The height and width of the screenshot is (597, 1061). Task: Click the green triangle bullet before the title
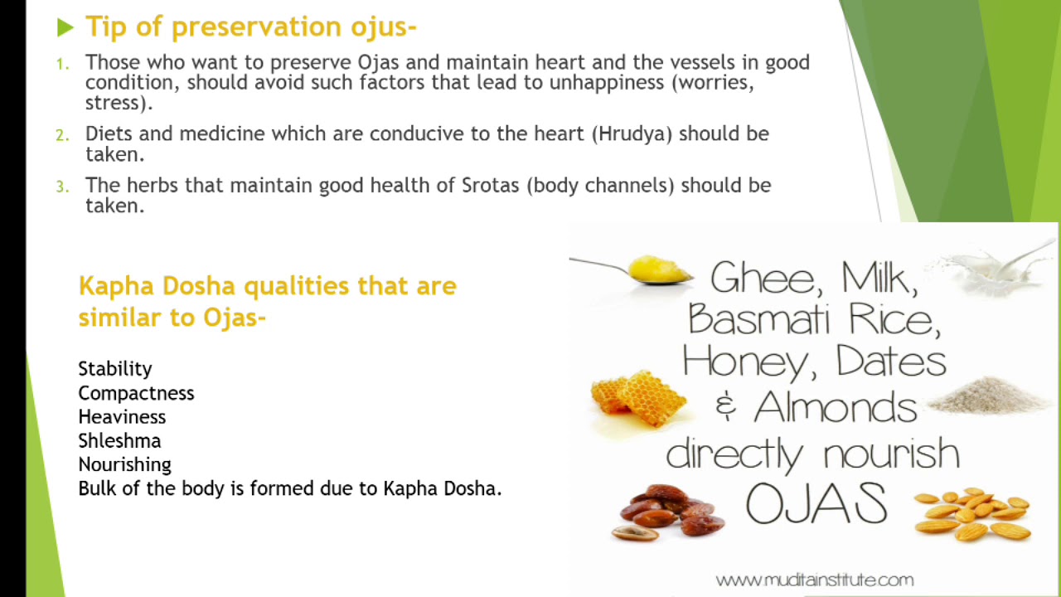click(65, 28)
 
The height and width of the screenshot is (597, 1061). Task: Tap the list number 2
click(62, 134)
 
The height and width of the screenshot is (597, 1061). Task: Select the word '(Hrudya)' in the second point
click(632, 133)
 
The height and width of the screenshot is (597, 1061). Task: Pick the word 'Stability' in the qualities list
click(115, 368)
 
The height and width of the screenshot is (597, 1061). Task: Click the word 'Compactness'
click(136, 392)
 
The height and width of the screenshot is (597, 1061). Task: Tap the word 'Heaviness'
click(122, 416)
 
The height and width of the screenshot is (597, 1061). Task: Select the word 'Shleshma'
click(119, 440)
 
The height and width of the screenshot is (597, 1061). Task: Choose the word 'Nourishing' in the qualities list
click(124, 464)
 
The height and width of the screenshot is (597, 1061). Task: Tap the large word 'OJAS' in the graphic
click(816, 503)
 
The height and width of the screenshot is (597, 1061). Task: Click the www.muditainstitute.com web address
click(814, 579)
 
